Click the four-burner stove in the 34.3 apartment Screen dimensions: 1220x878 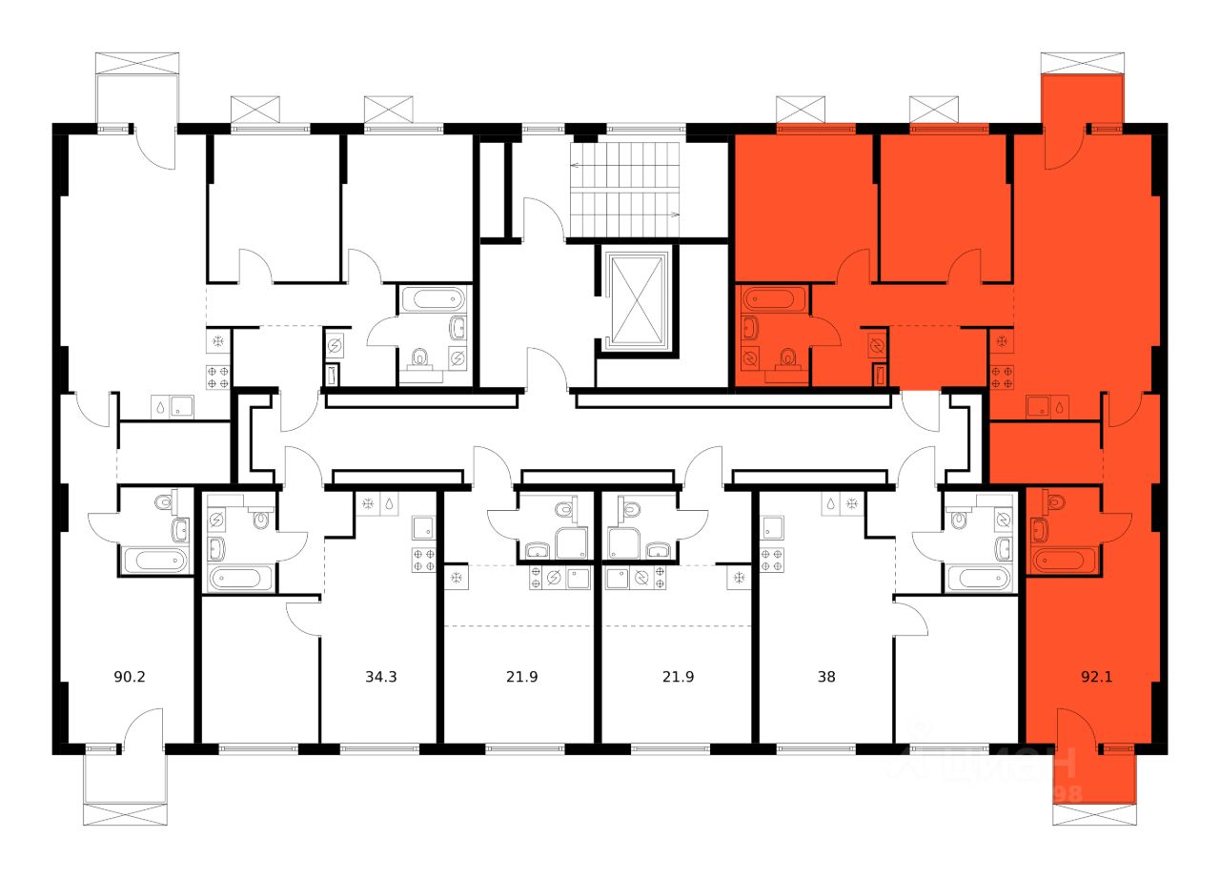(x=424, y=560)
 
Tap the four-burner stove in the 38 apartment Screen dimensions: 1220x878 (x=772, y=560)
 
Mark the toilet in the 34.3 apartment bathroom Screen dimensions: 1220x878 (x=260, y=518)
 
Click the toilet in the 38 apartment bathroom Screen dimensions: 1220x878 (x=959, y=518)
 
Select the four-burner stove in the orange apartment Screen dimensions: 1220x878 (x=1001, y=377)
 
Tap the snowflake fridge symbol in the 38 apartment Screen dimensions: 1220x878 (x=853, y=503)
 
